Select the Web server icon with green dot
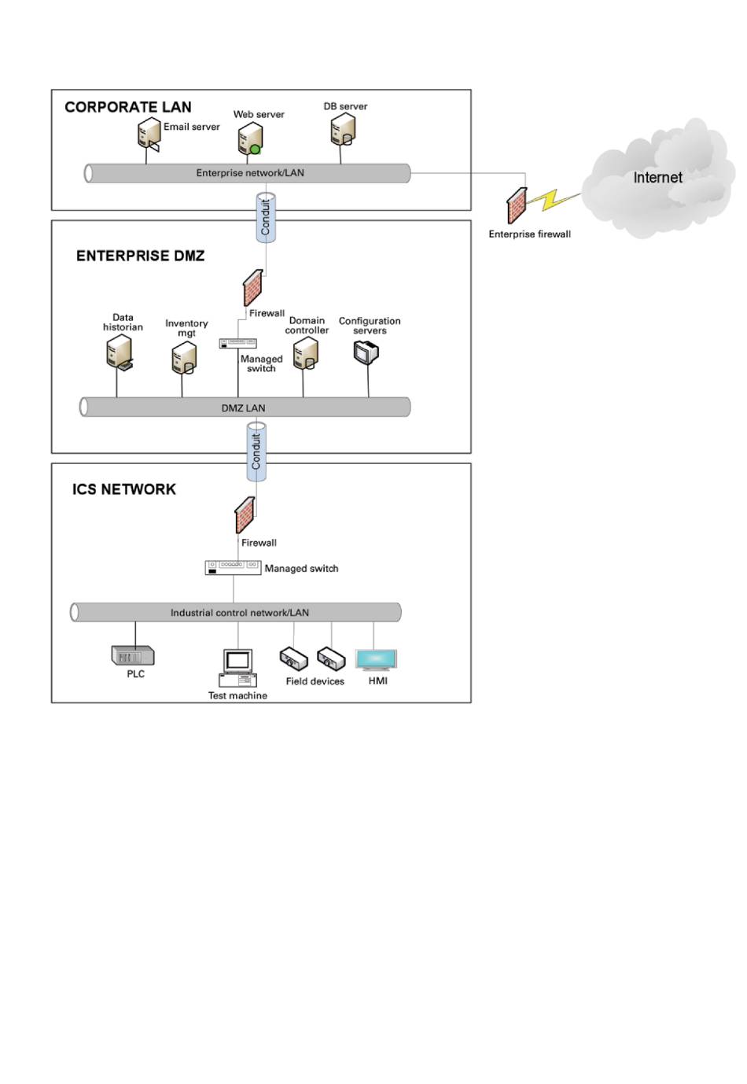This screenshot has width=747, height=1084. point(250,138)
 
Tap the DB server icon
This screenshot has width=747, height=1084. point(343,129)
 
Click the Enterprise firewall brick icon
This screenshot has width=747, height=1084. point(517,205)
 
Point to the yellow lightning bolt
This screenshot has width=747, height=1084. point(554,200)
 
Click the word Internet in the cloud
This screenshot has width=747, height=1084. point(657,178)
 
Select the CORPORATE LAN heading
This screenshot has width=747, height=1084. point(128,107)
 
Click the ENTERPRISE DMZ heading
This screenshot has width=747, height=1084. point(140,256)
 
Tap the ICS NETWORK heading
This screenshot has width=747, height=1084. point(124,489)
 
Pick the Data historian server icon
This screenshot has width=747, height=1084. point(119,352)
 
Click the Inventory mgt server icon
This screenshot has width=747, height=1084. point(184,359)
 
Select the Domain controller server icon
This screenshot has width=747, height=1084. point(305,354)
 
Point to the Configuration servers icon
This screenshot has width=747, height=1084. point(366,352)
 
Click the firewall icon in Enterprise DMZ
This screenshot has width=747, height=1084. point(252,288)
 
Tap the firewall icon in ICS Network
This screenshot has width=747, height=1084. point(245,515)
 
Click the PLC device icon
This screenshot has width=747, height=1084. point(133,655)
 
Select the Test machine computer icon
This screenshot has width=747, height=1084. point(237,668)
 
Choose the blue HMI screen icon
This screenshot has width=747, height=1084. point(377,659)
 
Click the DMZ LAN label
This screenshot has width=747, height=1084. point(243,407)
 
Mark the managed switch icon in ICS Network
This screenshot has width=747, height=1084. point(233,567)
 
